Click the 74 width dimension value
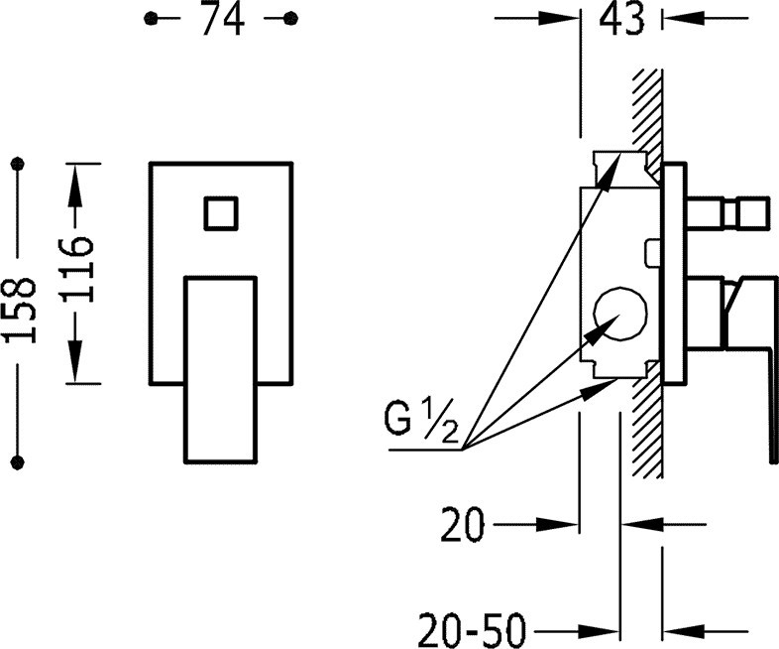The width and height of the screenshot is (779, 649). [223, 20]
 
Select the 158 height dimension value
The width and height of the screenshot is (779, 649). [20, 310]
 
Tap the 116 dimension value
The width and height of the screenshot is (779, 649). [76, 270]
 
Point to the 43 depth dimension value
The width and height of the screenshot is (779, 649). [621, 20]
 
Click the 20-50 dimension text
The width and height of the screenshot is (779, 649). [472, 630]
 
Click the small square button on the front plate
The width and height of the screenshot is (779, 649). [221, 213]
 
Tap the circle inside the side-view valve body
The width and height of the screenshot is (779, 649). [620, 314]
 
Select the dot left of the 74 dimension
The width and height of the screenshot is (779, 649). [151, 19]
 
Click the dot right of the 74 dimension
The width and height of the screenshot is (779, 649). [290, 19]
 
